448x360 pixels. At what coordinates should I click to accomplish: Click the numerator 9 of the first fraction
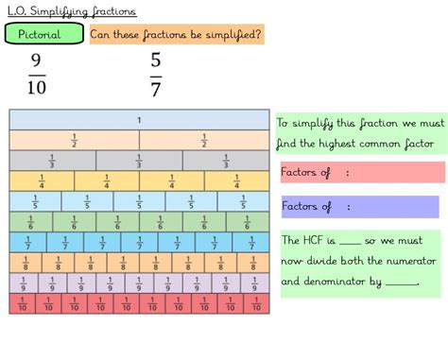pyautogui.click(x=36, y=61)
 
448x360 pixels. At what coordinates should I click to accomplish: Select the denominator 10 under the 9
pyautogui.click(x=36, y=88)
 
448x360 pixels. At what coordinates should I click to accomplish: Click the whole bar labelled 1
pyautogui.click(x=139, y=120)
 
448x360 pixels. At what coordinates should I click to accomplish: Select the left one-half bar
pyautogui.click(x=74, y=140)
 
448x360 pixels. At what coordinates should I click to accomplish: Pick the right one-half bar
pyautogui.click(x=203, y=140)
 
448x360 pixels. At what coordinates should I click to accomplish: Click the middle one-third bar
pyautogui.click(x=139, y=161)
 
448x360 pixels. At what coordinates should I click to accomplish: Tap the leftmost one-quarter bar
pyautogui.click(x=42, y=181)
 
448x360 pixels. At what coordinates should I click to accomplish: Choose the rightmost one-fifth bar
pyautogui.click(x=244, y=201)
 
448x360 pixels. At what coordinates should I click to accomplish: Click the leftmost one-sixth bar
pyautogui.click(x=30, y=222)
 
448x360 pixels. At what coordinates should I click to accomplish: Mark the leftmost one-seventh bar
pyautogui.click(x=27, y=242)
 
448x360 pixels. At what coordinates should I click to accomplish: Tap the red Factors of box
pyautogui.click(x=361, y=172)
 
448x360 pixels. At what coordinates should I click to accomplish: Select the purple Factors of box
pyautogui.click(x=359, y=206)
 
